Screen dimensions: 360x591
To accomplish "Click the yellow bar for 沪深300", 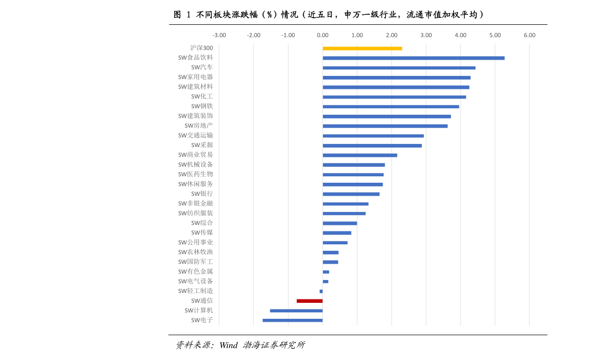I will point(362,48).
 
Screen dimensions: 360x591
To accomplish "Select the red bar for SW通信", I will point(310,301).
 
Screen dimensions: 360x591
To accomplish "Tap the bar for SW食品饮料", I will point(413,58).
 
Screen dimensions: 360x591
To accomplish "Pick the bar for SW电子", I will point(292,320).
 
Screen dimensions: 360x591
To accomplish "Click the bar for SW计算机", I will point(296,311).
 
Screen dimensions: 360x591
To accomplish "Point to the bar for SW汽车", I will point(399,68).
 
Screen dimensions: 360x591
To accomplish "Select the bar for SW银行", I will point(351,194).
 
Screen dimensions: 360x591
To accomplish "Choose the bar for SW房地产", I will point(385,126).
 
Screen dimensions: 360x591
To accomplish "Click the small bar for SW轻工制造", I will point(321,291).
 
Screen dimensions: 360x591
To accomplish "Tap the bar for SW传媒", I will point(337,233).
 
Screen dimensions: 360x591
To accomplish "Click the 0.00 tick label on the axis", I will point(323,35).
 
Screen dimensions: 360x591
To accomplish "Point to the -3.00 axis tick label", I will point(219,35).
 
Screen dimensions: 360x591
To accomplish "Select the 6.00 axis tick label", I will point(529,35).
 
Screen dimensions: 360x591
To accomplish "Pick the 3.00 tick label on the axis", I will point(426,35).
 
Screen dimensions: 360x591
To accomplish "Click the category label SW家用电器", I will point(196,77).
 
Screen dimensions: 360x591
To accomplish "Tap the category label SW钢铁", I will point(202,106).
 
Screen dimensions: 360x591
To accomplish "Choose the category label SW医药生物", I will point(196,174).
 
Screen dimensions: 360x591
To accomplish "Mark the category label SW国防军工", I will point(196,262).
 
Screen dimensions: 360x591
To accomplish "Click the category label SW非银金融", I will point(196,204).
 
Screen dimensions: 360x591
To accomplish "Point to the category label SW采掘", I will point(202,145).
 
